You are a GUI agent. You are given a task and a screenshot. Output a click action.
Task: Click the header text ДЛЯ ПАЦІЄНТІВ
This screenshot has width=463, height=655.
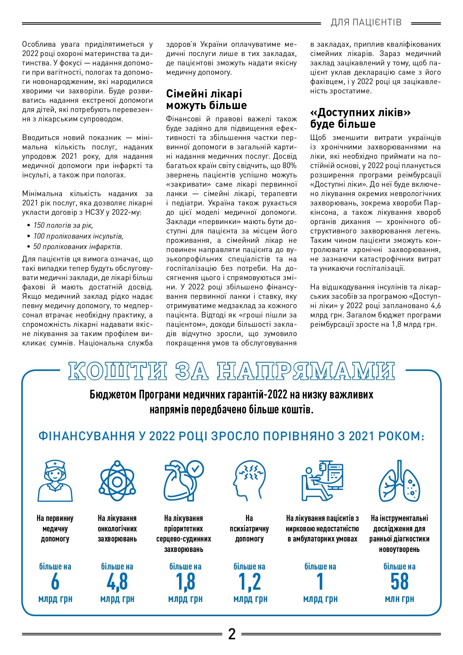coord(366,22)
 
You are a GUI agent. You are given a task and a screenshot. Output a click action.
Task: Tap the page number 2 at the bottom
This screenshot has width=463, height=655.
coord(232,634)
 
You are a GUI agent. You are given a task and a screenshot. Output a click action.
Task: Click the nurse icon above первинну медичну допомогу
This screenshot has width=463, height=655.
coord(55,481)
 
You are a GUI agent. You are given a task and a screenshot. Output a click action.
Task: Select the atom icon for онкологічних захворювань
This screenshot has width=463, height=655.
coord(117,481)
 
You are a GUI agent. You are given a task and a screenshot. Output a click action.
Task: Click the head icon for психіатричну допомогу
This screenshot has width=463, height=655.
coord(249,481)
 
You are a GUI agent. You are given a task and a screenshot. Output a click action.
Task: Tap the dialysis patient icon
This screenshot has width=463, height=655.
coord(322,481)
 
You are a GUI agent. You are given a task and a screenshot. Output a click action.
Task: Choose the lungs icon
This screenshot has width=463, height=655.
coord(399,481)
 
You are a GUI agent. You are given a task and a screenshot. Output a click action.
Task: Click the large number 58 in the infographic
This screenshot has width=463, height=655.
coord(399,581)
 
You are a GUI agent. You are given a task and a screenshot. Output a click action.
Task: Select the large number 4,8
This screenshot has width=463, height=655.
coord(117,581)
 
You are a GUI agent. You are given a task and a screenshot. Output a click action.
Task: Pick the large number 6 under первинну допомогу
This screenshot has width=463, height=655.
coord(55,581)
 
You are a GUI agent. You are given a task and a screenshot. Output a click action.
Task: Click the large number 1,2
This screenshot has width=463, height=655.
coord(250,581)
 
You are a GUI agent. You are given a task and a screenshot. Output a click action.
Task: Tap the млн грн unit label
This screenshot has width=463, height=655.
coord(399,599)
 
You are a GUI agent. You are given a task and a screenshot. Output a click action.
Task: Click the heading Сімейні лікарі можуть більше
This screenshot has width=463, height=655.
coord(206,99)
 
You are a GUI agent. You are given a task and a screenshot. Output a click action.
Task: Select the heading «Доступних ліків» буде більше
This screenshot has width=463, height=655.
coord(360,118)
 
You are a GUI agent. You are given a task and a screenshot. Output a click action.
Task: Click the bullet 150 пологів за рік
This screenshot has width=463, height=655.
coord(63,225)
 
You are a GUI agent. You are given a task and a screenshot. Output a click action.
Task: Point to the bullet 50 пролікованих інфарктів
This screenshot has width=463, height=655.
coord(78,246)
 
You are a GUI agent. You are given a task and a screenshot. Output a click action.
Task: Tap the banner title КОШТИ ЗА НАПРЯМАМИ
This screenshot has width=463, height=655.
coord(231,371)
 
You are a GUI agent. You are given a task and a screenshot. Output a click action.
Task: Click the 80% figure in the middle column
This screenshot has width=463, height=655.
coord(289,165)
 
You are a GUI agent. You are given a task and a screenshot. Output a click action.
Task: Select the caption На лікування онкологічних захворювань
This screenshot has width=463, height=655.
coord(117,528)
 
